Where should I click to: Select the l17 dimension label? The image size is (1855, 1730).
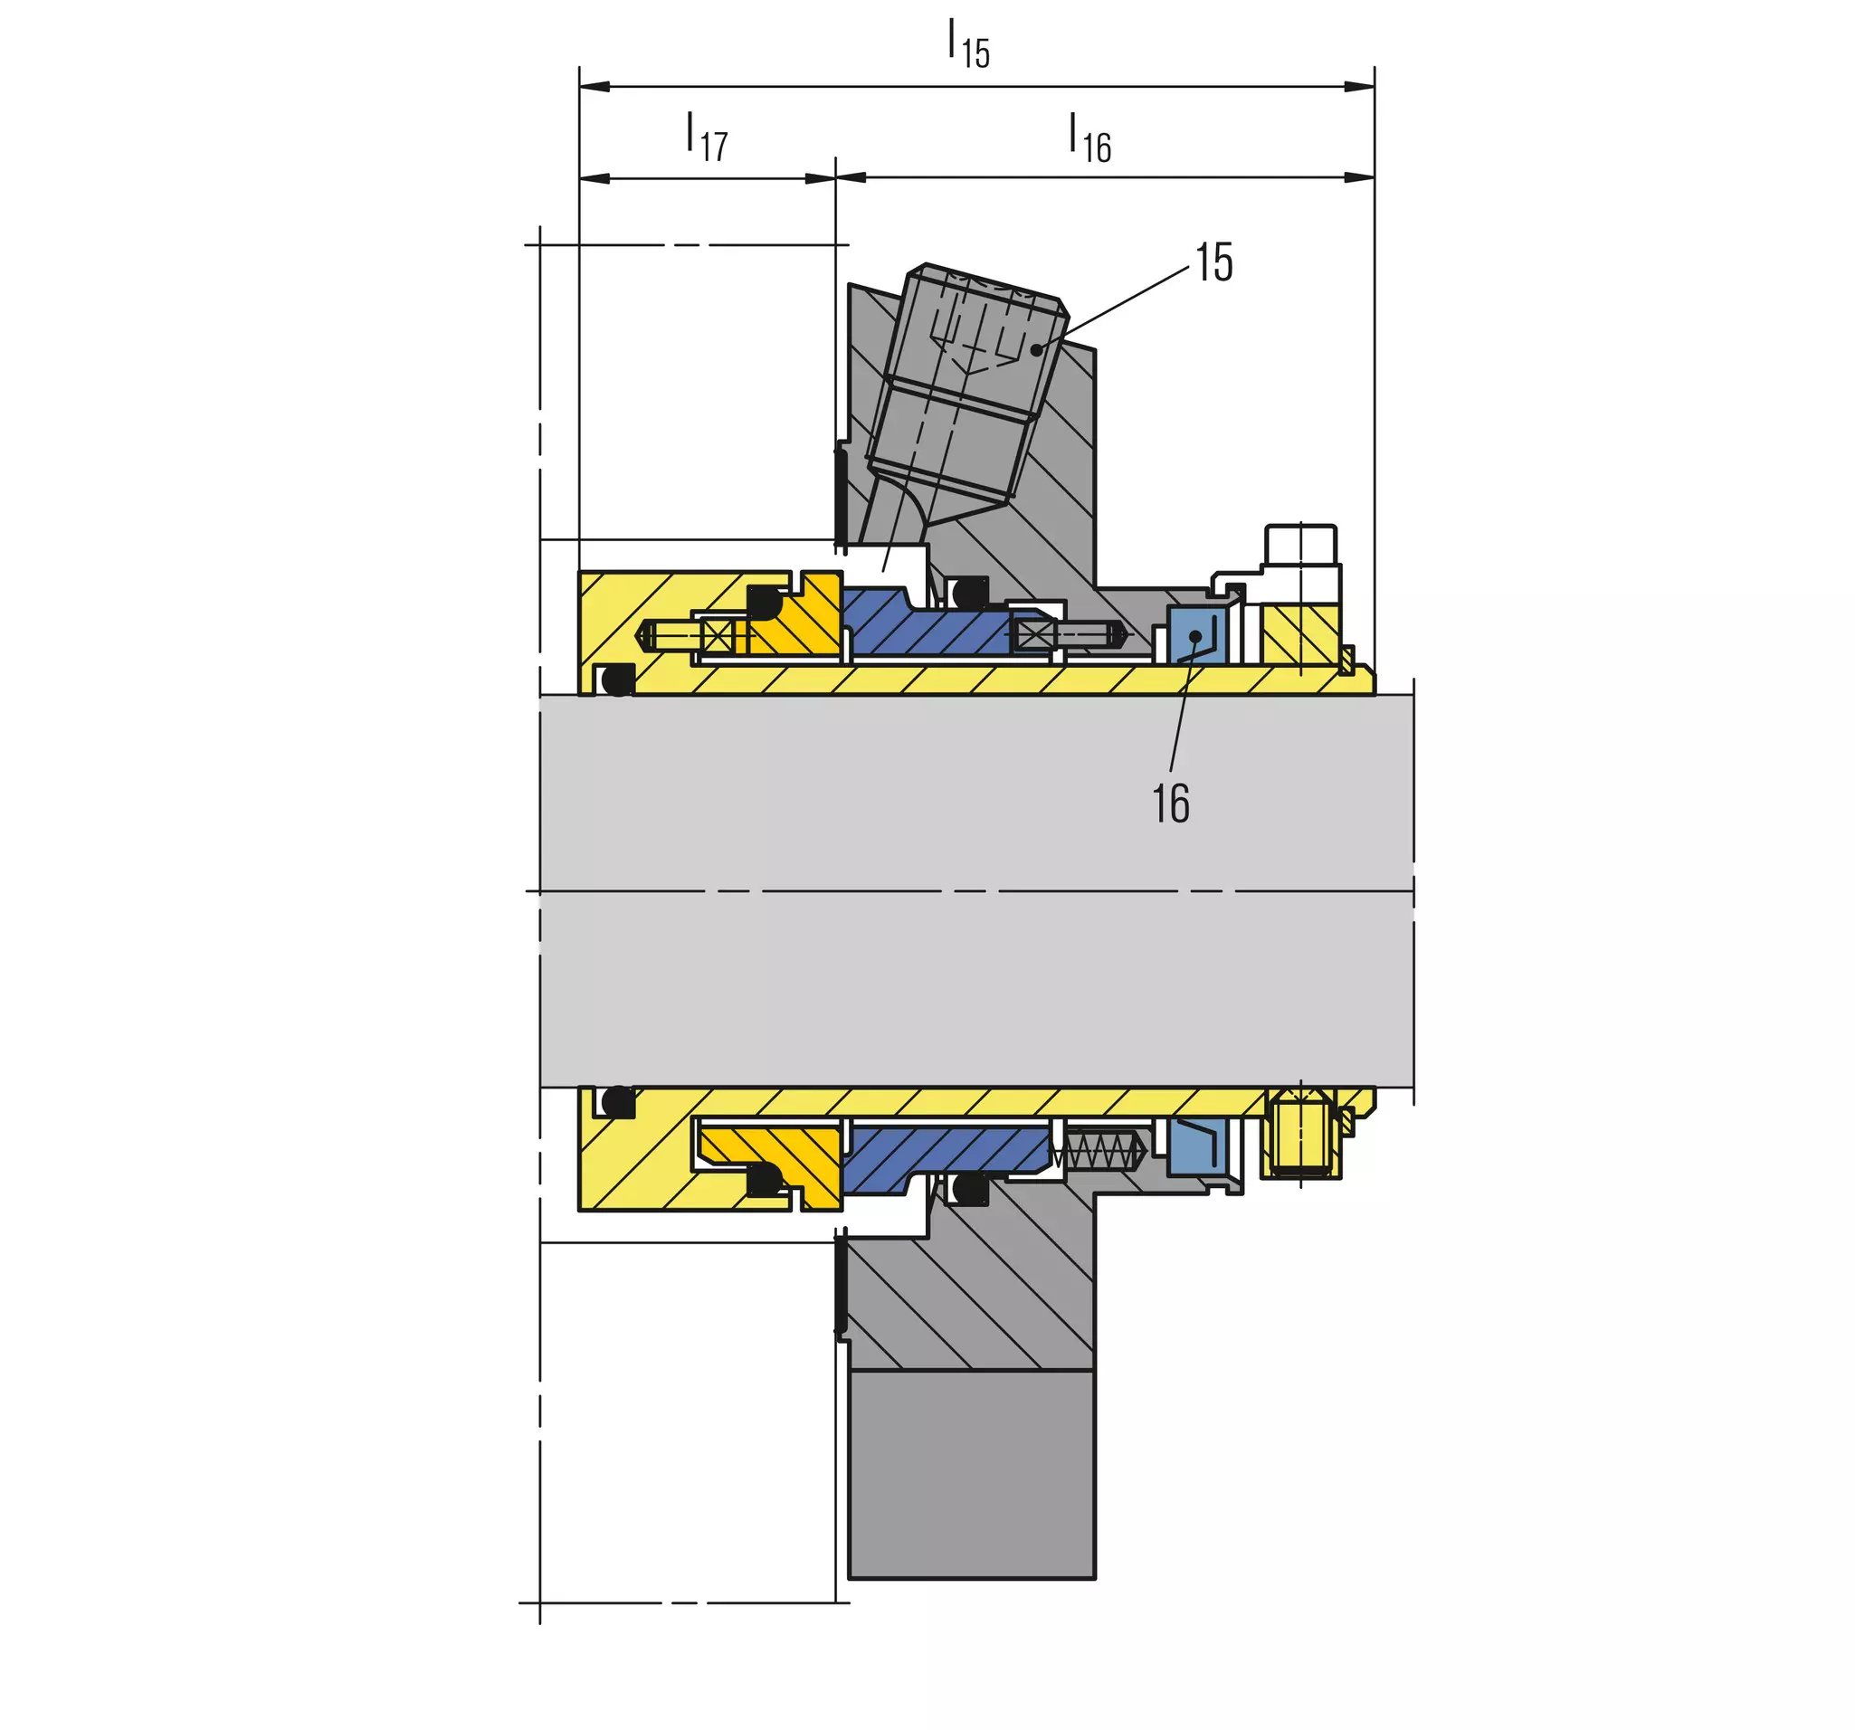(707, 138)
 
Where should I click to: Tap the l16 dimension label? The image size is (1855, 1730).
(1089, 138)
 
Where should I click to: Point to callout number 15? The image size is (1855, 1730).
(1214, 262)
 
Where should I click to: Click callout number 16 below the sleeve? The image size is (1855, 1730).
(1171, 804)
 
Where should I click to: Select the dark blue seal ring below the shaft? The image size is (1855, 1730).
(947, 1157)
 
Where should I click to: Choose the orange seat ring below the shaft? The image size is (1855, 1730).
(775, 1162)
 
